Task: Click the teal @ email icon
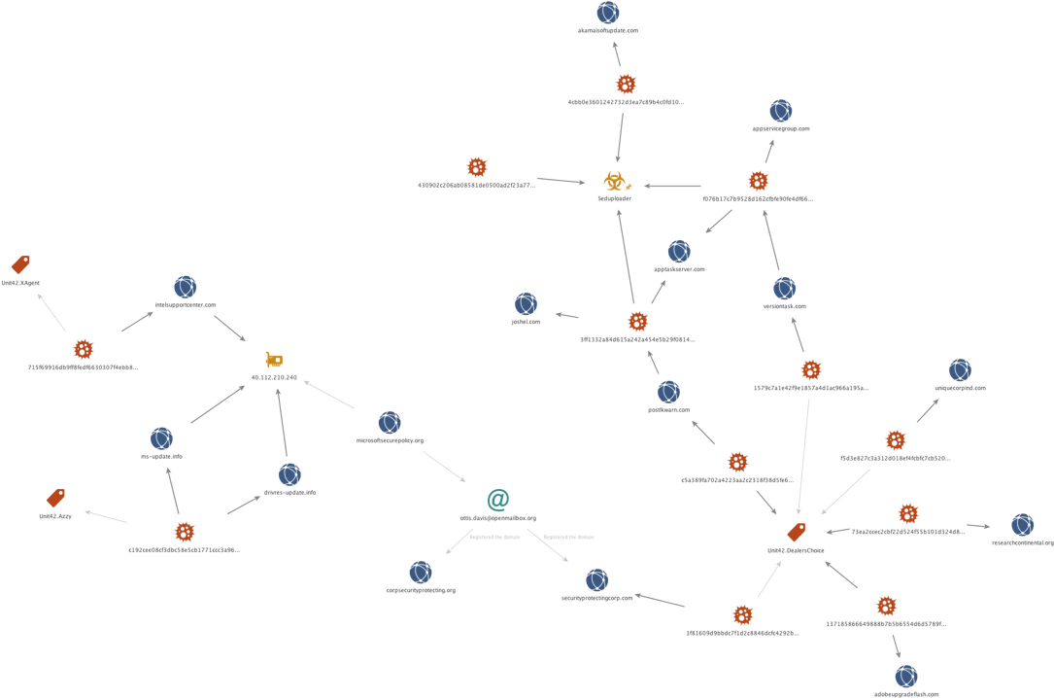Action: (497, 500)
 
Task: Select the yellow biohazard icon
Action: (614, 180)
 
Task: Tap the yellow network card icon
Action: (273, 359)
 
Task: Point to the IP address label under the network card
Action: (273, 377)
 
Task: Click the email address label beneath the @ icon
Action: (497, 518)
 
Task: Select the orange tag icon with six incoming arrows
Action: (797, 532)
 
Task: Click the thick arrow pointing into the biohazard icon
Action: (671, 186)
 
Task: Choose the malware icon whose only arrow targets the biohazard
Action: (476, 167)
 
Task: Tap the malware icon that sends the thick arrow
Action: (758, 181)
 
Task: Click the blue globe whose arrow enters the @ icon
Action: (390, 423)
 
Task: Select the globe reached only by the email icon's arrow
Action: (421, 573)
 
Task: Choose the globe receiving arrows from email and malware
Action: (598, 580)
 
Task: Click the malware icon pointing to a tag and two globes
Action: (185, 532)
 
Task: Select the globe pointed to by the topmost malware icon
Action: (608, 13)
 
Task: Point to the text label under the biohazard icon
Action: (614, 198)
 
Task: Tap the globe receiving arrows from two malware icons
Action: (679, 252)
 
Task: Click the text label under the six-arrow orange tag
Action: (797, 550)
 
